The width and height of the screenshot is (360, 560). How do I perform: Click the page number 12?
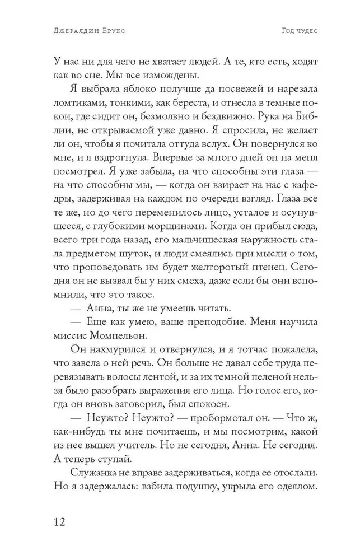click(x=58, y=522)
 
